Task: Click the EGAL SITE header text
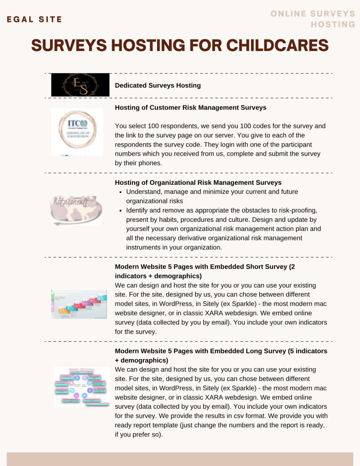[34, 20]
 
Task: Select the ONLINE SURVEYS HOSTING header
[313, 19]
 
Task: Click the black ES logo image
[80, 85]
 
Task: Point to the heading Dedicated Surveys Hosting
[157, 86]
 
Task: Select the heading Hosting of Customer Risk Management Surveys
[190, 108]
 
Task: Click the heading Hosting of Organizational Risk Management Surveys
[198, 183]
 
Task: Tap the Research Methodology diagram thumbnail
[82, 386]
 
